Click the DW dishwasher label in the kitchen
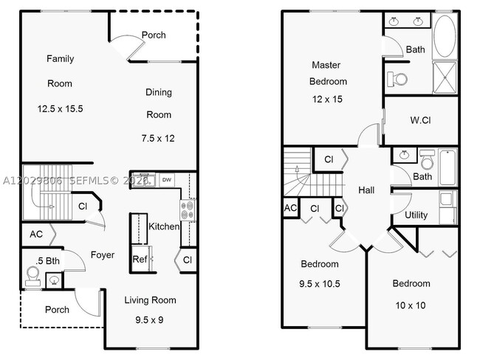pyautogui.click(x=167, y=179)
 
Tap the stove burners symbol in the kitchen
pyautogui.click(x=188, y=210)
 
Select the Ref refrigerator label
pyautogui.click(x=140, y=260)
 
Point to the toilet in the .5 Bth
pyautogui.click(x=32, y=274)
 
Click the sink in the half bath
pyautogui.click(x=55, y=280)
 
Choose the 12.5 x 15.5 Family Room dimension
pyautogui.click(x=61, y=108)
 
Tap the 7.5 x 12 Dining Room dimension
pyautogui.click(x=158, y=138)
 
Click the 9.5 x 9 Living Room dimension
pyautogui.click(x=149, y=320)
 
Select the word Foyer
pyautogui.click(x=103, y=255)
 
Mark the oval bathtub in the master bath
pyautogui.click(x=445, y=36)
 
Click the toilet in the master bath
pyautogui.click(x=397, y=79)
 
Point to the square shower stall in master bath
pyautogui.click(x=445, y=77)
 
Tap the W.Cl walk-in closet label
pyautogui.click(x=420, y=120)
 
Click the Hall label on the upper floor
pyautogui.click(x=366, y=190)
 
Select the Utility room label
pyautogui.click(x=416, y=215)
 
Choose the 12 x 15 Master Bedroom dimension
pyautogui.click(x=327, y=99)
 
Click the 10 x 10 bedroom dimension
pyautogui.click(x=411, y=305)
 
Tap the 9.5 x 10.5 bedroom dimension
pyautogui.click(x=320, y=284)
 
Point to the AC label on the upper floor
pyautogui.click(x=290, y=208)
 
